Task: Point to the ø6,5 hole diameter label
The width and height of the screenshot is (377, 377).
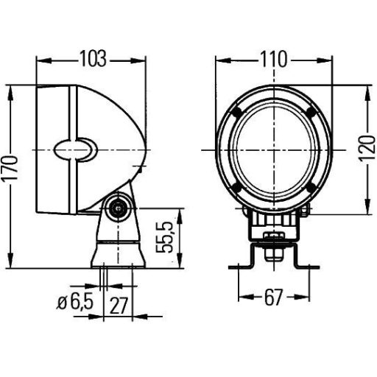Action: coord(74,301)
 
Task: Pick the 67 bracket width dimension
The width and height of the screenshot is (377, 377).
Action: coord(272,297)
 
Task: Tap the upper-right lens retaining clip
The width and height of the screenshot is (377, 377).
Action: coord(310,112)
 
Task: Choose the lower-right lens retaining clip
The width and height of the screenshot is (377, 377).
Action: coord(310,188)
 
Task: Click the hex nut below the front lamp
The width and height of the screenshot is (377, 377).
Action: coord(273,237)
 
